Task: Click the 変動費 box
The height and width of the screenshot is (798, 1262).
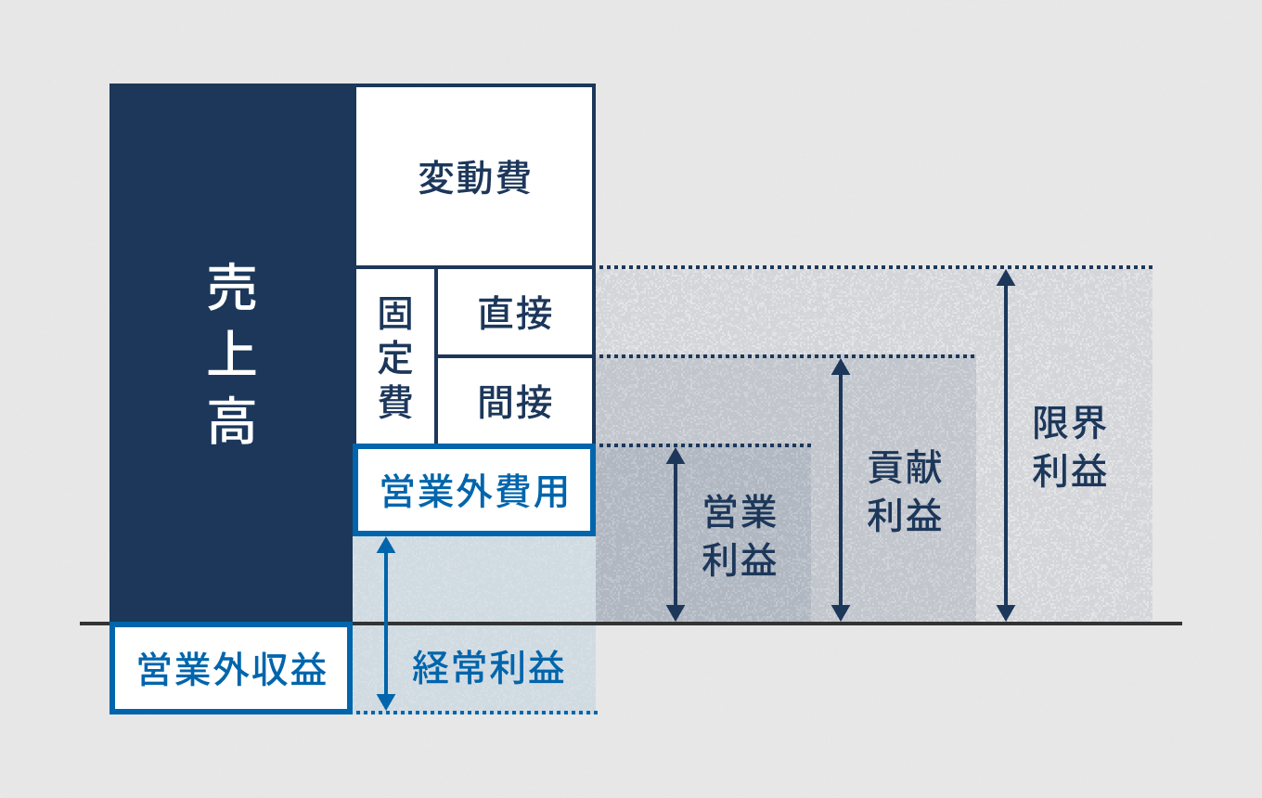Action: [474, 176]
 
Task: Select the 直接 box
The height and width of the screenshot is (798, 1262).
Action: [515, 313]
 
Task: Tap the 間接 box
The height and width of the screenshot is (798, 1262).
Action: [515, 402]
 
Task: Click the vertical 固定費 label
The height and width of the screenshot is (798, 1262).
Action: [395, 358]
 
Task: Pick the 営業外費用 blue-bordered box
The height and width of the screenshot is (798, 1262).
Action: [474, 491]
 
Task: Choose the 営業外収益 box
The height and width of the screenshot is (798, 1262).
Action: [231, 669]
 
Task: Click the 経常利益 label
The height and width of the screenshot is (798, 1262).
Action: [488, 668]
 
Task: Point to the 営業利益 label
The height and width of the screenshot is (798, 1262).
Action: [740, 536]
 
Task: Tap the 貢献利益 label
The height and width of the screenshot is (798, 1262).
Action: [905, 492]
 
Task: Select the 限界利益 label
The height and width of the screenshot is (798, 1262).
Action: [1070, 447]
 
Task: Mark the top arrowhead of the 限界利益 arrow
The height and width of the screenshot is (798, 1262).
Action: [1006, 277]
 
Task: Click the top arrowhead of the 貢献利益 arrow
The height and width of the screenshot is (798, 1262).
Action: [841, 366]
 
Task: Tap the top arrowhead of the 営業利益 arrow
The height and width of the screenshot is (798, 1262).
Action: [676, 455]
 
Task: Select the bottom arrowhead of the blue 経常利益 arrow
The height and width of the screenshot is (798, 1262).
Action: [386, 702]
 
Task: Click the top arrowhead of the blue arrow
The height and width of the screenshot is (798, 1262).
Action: [386, 545]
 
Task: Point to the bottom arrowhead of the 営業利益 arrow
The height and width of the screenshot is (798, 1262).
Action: [676, 613]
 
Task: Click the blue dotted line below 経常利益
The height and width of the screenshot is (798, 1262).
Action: [483, 713]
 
